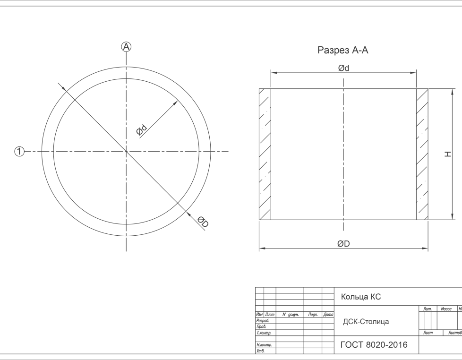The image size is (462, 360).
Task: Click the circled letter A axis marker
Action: click(127, 47)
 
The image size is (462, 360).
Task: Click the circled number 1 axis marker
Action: click(19, 152)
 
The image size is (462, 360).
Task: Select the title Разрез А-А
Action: click(342, 50)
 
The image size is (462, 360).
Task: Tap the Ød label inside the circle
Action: click(142, 129)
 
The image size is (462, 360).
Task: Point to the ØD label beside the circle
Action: click(203, 222)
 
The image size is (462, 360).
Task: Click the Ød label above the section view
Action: click(343, 69)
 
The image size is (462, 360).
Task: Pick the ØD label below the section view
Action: click(343, 244)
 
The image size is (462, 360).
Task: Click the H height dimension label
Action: click(448, 154)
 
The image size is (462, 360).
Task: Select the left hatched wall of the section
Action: click(265, 154)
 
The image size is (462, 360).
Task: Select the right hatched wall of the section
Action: click(422, 154)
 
